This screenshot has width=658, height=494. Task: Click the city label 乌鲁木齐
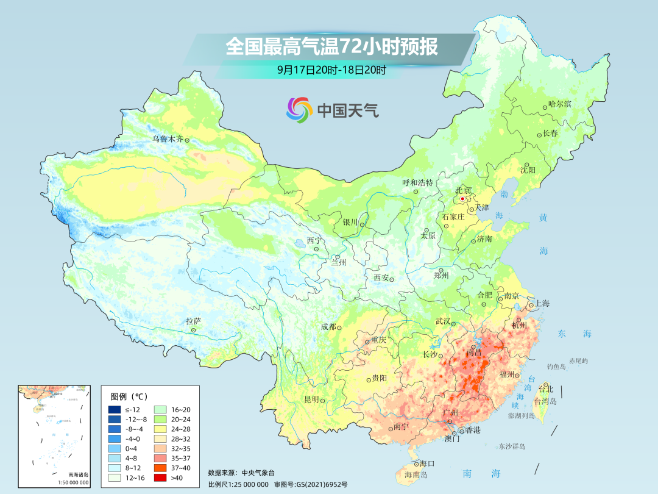[168, 139]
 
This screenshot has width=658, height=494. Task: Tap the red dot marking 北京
[462, 199]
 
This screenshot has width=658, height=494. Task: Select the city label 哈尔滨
[559, 104]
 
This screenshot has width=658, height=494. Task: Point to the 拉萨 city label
[193, 321]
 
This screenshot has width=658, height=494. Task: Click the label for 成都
[328, 327]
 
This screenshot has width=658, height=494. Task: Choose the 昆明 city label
[311, 399]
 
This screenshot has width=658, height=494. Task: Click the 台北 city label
[545, 389]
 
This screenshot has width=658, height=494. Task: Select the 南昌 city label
[473, 353]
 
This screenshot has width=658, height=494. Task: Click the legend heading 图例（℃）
[129, 396]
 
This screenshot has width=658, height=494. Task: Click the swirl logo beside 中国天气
[299, 110]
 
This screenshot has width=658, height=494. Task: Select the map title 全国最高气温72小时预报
[331, 47]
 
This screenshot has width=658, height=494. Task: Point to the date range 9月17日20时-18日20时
[331, 70]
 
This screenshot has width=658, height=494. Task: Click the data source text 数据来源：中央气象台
[241, 472]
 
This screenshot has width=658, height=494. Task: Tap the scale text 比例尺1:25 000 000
[238, 484]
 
